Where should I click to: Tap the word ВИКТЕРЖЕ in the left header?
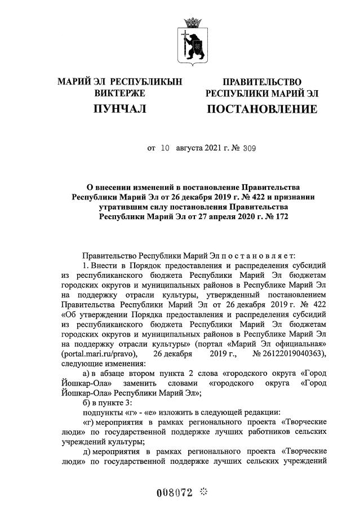[x=119, y=92]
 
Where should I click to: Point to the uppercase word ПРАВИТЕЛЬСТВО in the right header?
[x=261, y=82]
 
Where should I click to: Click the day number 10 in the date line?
[x=165, y=149]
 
